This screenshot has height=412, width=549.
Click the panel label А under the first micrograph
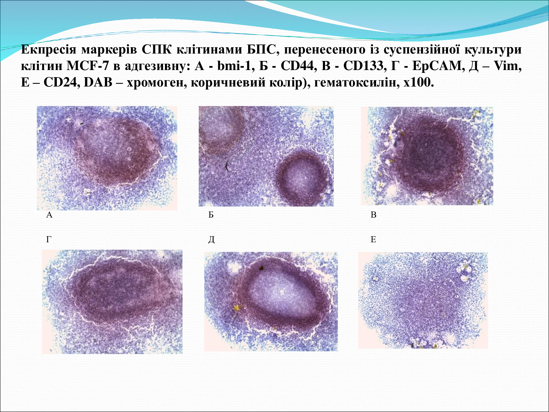point(49,215)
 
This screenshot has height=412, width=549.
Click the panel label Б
point(211,215)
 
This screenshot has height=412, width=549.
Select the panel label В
point(373,215)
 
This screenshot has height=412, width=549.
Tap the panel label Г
point(49,239)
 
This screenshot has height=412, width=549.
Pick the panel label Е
point(373,239)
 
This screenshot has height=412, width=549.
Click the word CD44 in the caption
point(297,66)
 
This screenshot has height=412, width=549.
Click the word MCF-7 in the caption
point(88,66)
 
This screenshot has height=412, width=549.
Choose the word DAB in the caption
point(98,82)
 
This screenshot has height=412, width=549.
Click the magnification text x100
point(419,82)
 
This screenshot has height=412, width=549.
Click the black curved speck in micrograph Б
point(227,166)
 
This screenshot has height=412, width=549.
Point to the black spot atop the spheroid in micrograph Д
point(261,268)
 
